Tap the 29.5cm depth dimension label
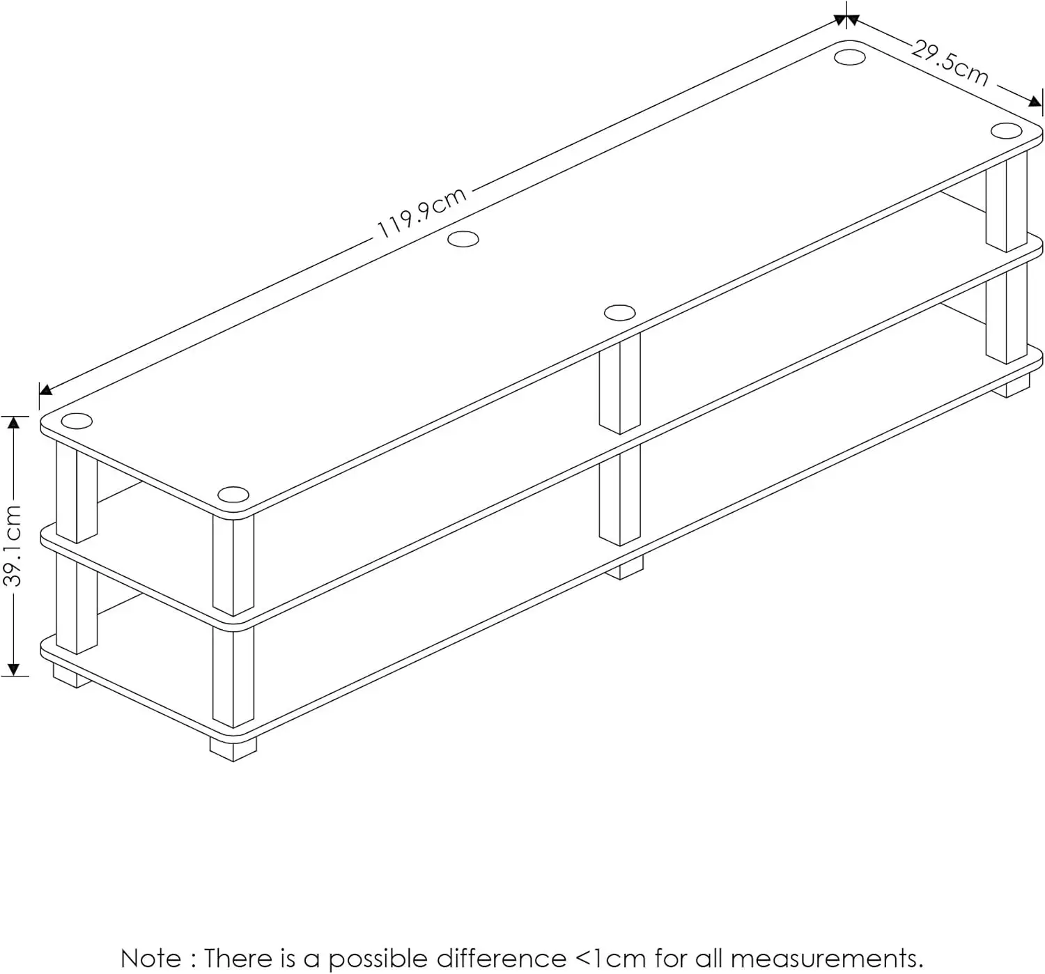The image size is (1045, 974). pyautogui.click(x=950, y=64)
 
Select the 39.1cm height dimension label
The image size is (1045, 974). pyautogui.click(x=13, y=546)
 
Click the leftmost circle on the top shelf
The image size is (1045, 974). pyautogui.click(x=77, y=421)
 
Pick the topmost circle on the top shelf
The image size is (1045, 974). pyautogui.click(x=849, y=56)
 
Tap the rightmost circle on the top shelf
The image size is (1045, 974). pyautogui.click(x=1006, y=130)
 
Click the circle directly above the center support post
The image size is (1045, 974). pyautogui.click(x=619, y=312)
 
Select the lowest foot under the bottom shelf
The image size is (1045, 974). pyautogui.click(x=233, y=747)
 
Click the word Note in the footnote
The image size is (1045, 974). pyautogui.click(x=151, y=957)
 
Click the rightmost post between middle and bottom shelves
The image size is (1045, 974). pyautogui.click(x=1007, y=317)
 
